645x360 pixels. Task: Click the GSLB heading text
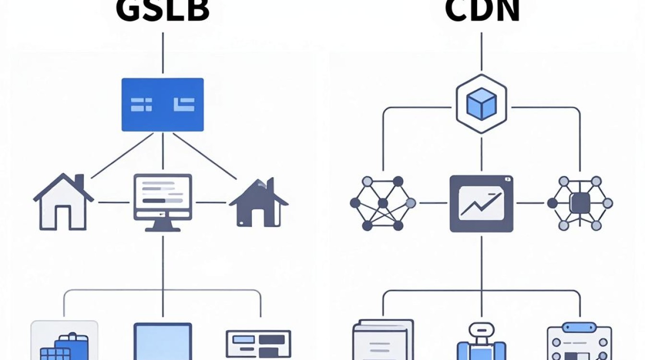pyautogui.click(x=162, y=11)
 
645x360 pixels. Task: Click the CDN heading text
pyautogui.click(x=482, y=11)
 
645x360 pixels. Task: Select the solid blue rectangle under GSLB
pyautogui.click(x=163, y=105)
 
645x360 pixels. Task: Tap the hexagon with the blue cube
pyautogui.click(x=481, y=104)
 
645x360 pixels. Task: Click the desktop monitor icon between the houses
pyautogui.click(x=163, y=203)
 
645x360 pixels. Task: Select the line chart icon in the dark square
pyautogui.click(x=481, y=204)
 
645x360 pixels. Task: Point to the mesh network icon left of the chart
pyautogui.click(x=382, y=204)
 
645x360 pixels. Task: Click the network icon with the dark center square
pyautogui.click(x=580, y=204)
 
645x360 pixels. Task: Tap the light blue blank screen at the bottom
pyautogui.click(x=163, y=341)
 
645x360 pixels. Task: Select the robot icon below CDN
pyautogui.click(x=481, y=341)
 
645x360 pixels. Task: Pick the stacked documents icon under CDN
pyautogui.click(x=383, y=340)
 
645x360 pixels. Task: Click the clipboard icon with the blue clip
pyautogui.click(x=579, y=341)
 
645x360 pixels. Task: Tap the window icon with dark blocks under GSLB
pyautogui.click(x=258, y=345)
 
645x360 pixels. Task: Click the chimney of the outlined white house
pyautogui.click(x=79, y=181)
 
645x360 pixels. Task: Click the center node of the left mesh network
pyautogui.click(x=382, y=204)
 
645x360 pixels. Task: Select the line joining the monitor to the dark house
pyautogui.click(x=211, y=203)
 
